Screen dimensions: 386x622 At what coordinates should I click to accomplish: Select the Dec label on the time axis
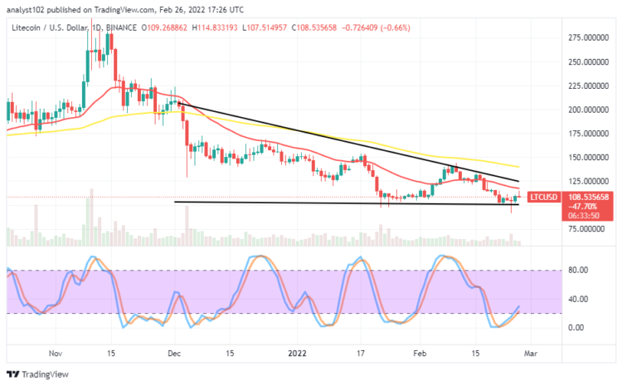(173, 352)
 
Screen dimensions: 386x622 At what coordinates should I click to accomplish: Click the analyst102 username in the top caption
(27, 10)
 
